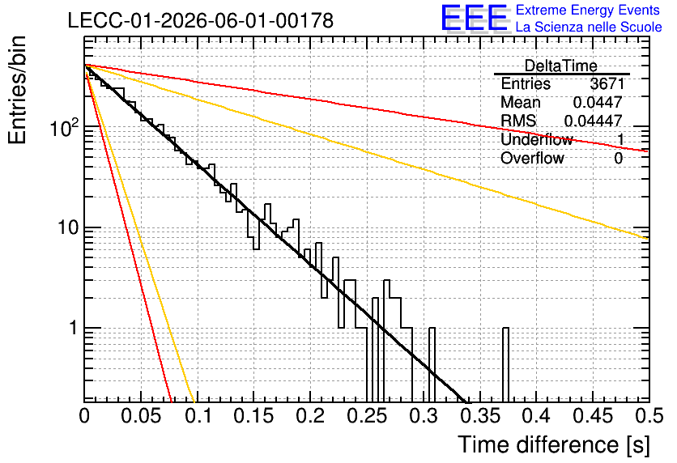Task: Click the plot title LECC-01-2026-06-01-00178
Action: [201, 20]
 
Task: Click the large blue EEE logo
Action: [475, 18]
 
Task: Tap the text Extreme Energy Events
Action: [588, 10]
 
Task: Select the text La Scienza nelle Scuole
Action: [589, 27]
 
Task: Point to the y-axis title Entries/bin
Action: [17, 90]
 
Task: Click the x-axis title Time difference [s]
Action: [554, 444]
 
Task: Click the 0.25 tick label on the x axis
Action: [367, 416]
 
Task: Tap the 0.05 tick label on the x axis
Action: [141, 416]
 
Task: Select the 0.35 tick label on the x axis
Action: [480, 416]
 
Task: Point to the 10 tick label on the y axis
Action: [69, 227]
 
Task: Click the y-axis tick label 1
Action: [74, 328]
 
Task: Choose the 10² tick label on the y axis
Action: [66, 127]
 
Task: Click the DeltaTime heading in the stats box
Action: [561, 66]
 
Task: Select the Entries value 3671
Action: [607, 83]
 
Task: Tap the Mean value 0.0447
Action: [598, 102]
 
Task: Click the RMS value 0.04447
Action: [594, 121]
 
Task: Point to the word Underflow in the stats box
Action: [537, 139]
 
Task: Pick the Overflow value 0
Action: [618, 159]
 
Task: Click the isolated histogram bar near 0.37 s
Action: [506, 364]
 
